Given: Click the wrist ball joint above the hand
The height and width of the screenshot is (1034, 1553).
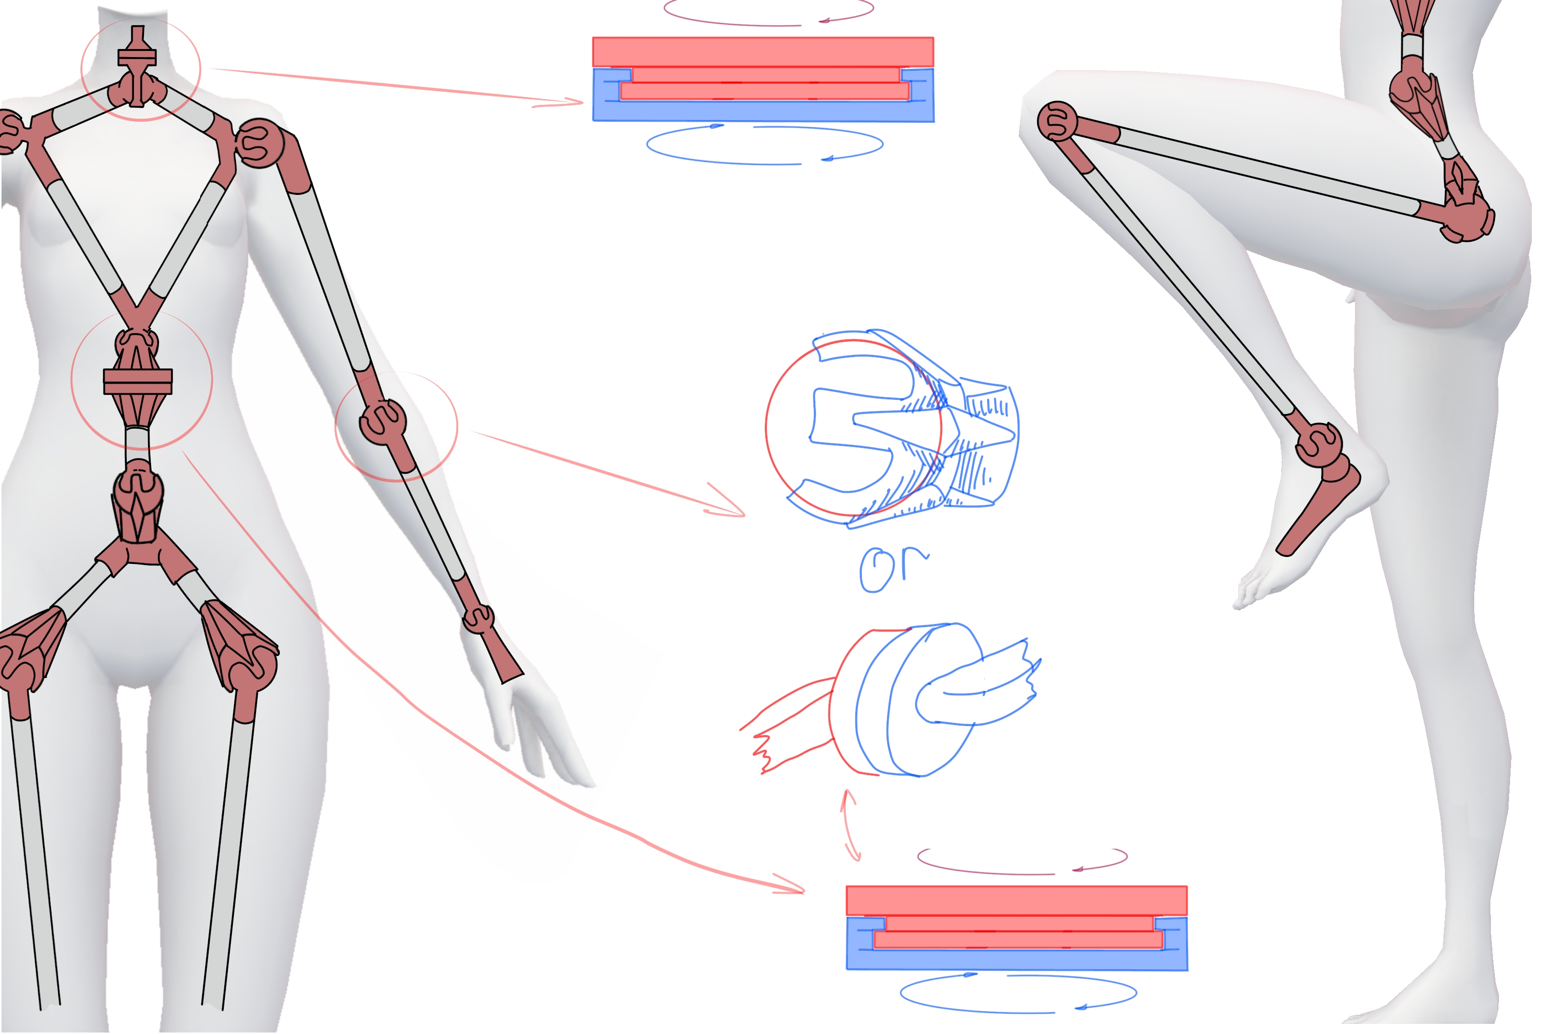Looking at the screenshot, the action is [478, 618].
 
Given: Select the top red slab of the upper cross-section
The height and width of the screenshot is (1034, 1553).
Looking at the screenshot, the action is [763, 52].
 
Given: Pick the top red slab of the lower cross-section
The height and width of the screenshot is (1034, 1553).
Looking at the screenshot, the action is [1016, 901].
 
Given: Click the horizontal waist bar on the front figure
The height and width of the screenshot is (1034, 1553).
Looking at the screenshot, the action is [138, 381].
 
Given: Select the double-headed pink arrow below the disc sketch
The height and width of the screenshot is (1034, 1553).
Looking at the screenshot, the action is [850, 825].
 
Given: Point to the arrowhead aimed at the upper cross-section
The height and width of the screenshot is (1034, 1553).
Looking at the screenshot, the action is [567, 102].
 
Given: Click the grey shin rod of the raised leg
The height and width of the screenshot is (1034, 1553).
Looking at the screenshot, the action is [1188, 290].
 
